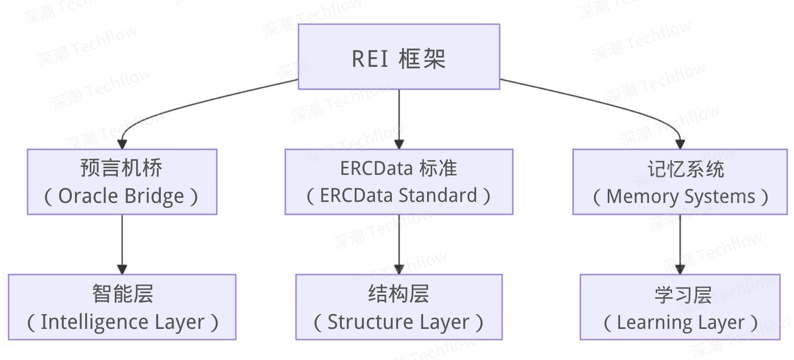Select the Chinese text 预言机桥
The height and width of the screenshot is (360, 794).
point(122,168)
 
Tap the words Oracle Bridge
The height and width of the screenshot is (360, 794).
point(122,196)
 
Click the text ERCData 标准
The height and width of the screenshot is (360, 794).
point(398,168)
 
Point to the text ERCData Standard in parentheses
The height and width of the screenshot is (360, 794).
point(398,196)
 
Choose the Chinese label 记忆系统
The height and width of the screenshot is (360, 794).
point(680,168)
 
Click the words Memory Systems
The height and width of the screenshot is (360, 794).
point(680,197)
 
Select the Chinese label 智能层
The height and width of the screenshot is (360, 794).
point(122,294)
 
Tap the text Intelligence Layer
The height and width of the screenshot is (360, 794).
point(122,322)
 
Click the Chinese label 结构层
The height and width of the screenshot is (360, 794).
point(398,294)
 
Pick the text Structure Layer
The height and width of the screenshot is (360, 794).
point(398,322)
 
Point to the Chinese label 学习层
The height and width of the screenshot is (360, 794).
point(680,294)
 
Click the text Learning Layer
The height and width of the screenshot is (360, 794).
point(680,323)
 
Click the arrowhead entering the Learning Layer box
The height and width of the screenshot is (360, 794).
point(680,269)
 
